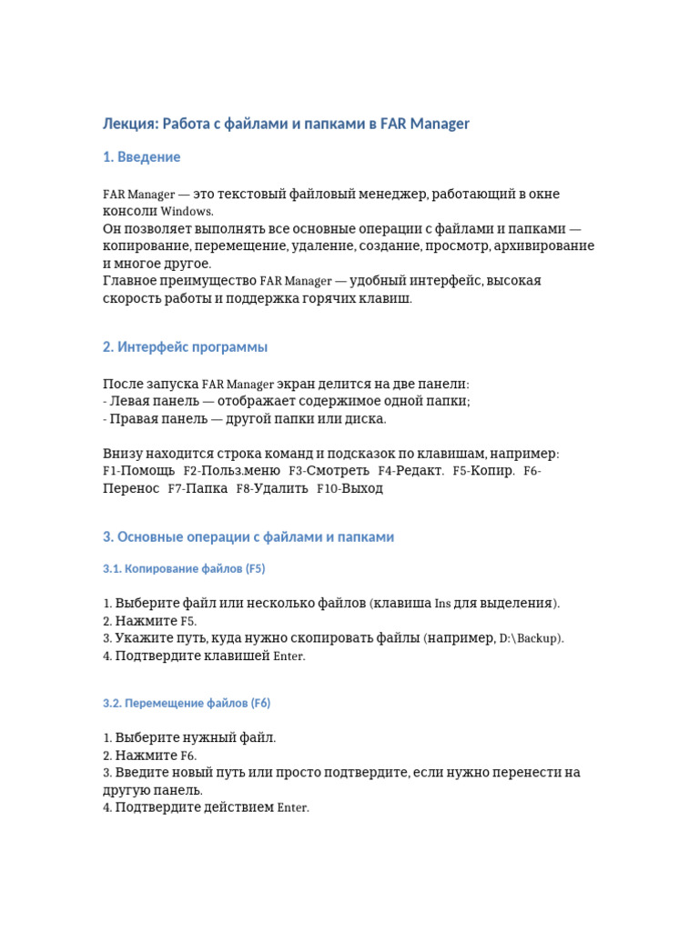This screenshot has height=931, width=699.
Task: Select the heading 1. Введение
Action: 141,157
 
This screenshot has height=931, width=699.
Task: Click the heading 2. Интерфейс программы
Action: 185,347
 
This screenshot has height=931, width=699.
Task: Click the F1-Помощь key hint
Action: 138,471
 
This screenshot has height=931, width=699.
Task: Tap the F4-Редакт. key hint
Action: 410,471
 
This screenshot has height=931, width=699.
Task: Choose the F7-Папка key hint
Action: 198,488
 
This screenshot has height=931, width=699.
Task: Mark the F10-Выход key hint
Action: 349,488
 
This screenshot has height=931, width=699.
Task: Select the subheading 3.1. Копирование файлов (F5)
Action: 183,568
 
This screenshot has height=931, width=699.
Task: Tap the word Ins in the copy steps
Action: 442,604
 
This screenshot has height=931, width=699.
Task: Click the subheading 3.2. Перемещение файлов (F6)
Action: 186,703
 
